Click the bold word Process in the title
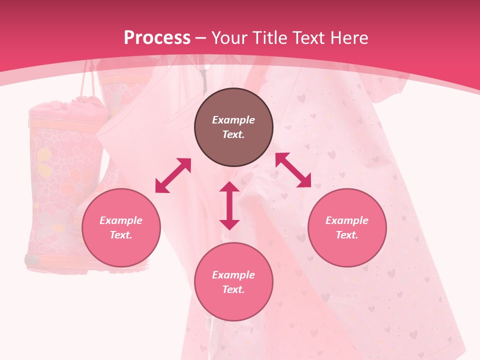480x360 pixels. coord(157,38)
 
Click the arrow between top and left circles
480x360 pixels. coord(173,175)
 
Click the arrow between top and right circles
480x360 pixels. coord(293,170)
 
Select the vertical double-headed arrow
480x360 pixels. coord(229,205)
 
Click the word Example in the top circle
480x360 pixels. coord(233,120)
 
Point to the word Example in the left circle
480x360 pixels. coord(121,220)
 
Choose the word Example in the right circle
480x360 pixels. coord(347,220)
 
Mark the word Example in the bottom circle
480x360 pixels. coord(233,275)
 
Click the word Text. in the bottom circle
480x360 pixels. coord(233,289)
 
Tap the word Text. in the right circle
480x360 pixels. coord(347,235)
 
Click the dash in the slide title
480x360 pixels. coord(201,38)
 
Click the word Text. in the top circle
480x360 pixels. coord(233,134)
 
